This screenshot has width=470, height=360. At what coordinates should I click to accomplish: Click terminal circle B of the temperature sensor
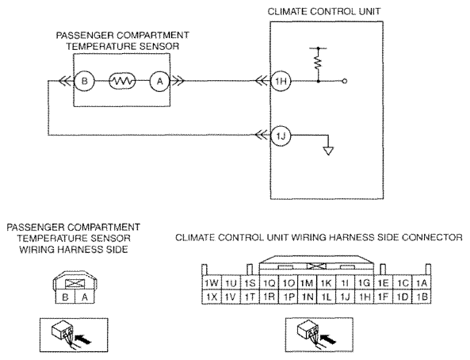click(84, 81)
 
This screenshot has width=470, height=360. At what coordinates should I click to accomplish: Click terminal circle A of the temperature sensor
click(160, 81)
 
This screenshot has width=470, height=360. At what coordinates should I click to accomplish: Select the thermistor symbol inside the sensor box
click(122, 81)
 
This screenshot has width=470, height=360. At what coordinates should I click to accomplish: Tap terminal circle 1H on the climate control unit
click(281, 81)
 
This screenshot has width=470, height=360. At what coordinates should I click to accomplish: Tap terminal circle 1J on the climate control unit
click(281, 136)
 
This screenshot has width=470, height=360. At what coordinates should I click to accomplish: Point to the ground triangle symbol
click(328, 151)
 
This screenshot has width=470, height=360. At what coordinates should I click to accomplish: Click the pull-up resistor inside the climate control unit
click(318, 62)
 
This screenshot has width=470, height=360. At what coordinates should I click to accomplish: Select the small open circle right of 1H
click(345, 81)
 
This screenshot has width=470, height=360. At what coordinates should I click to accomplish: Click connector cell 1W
click(212, 283)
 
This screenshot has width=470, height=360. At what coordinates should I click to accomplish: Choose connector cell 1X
click(212, 297)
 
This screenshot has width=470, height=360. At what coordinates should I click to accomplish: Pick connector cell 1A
click(422, 283)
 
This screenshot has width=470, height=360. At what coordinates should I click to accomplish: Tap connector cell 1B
click(422, 297)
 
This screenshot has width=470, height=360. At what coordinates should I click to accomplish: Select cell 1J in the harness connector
click(345, 297)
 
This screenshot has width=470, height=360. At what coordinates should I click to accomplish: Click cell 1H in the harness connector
click(364, 297)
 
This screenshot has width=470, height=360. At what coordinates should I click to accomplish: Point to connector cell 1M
click(307, 283)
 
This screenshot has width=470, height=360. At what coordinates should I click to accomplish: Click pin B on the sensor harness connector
click(65, 297)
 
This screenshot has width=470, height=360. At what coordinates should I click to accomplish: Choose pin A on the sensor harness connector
click(85, 297)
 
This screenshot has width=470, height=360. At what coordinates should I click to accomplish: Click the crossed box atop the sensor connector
click(75, 283)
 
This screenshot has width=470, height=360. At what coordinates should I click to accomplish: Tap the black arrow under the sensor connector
click(83, 339)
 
